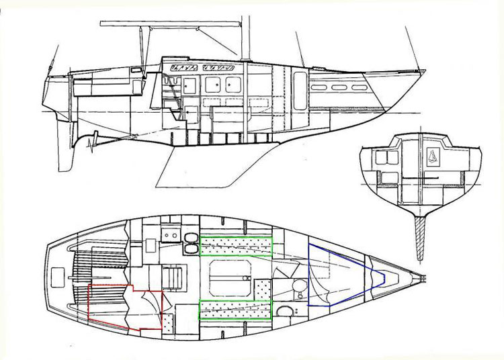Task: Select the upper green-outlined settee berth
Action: coord(236,246)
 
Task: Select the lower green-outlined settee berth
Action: coord(236,310)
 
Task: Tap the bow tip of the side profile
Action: coord(422,71)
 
